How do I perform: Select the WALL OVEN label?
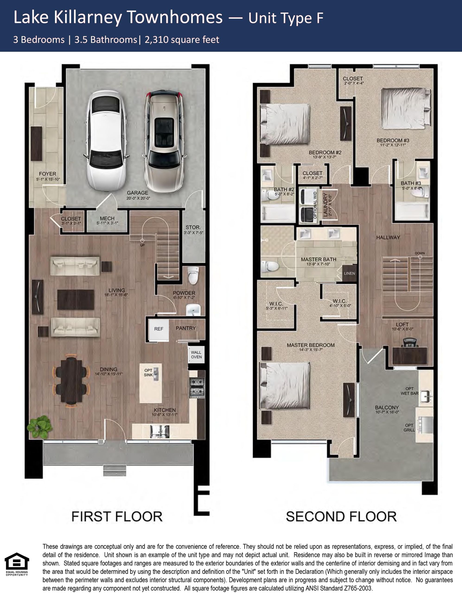196,355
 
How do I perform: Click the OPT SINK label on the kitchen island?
148,373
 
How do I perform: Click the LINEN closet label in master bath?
349,273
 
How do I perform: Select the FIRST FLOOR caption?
117,517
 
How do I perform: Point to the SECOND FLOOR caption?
341,517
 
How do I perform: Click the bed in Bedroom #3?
406,108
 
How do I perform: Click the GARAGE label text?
137,193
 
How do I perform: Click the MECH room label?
107,218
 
